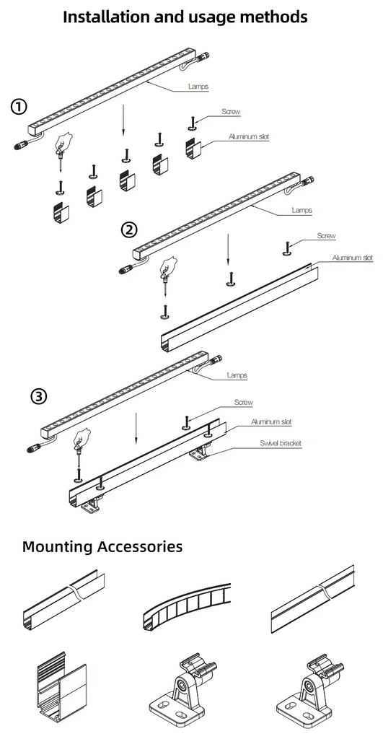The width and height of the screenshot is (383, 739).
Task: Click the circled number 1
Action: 19,108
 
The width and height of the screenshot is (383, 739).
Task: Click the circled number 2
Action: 128,229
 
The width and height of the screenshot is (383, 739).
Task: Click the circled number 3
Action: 39,396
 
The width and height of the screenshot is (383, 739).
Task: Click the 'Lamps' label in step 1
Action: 198,87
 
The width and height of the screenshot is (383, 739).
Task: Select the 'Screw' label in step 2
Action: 326,236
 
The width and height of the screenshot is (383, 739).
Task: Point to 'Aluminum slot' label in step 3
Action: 271,421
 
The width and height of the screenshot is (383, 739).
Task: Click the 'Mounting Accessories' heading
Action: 102,546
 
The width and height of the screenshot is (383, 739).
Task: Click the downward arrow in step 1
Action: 123,119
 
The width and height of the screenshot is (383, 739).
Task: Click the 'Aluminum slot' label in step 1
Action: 249,136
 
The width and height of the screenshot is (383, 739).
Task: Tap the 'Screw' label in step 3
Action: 243,402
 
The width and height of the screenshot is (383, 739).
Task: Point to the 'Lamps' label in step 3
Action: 237,375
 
